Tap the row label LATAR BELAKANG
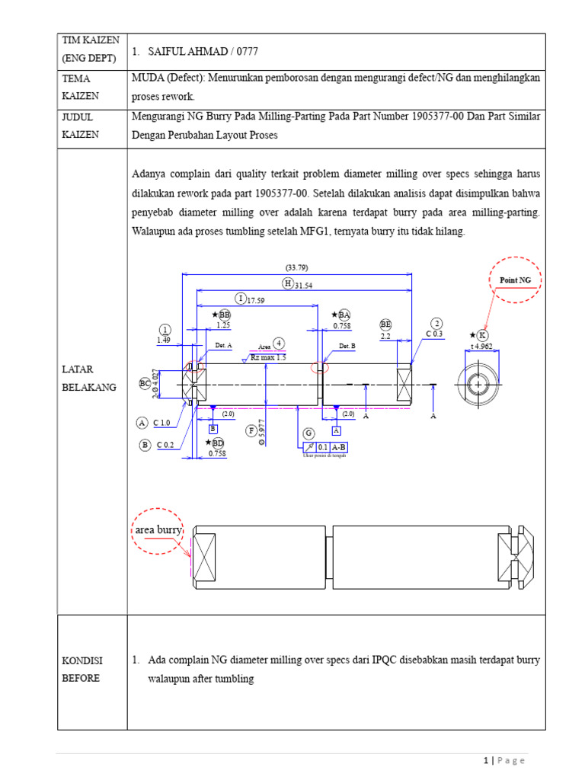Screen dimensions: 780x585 (88, 377)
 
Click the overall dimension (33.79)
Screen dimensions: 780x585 (296, 267)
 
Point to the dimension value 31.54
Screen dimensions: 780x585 (304, 284)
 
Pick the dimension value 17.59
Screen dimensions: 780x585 (255, 299)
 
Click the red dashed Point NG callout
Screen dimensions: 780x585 (514, 280)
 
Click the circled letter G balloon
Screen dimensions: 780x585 (308, 433)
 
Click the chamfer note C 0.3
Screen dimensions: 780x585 (435, 334)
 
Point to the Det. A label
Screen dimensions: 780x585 (223, 345)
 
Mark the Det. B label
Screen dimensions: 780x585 (347, 346)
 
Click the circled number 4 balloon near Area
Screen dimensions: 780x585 (280, 344)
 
